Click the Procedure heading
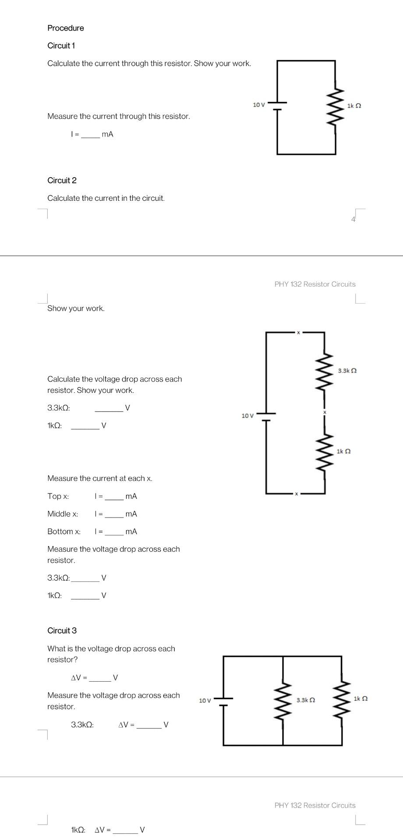pos(66,28)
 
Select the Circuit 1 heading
pos(61,45)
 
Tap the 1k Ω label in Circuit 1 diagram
pos(354,106)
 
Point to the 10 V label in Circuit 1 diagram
pos(259,105)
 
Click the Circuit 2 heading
pos(62,180)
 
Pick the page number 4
pos(353,220)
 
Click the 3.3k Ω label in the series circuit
pos(347,371)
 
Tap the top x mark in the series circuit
pos(298,332)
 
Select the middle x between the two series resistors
pos(325,412)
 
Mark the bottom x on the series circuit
pos(296,493)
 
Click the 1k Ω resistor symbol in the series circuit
pos(325,451)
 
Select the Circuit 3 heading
pos(62,630)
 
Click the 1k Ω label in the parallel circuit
pos(361,699)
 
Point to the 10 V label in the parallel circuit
pos(205,700)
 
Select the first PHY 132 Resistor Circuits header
pos(315,284)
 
